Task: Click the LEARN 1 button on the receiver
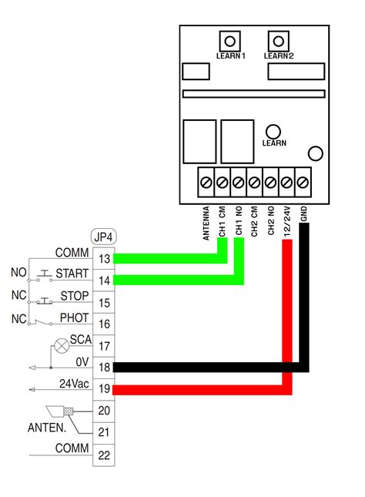229,41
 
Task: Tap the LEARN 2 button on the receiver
277,41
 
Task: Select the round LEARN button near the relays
273,131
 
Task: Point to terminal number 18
104,368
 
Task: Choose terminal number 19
104,389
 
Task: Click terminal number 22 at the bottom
104,455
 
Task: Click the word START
72,274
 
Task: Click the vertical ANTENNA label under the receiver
206,223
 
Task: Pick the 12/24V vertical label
287,220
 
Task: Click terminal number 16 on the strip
104,324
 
